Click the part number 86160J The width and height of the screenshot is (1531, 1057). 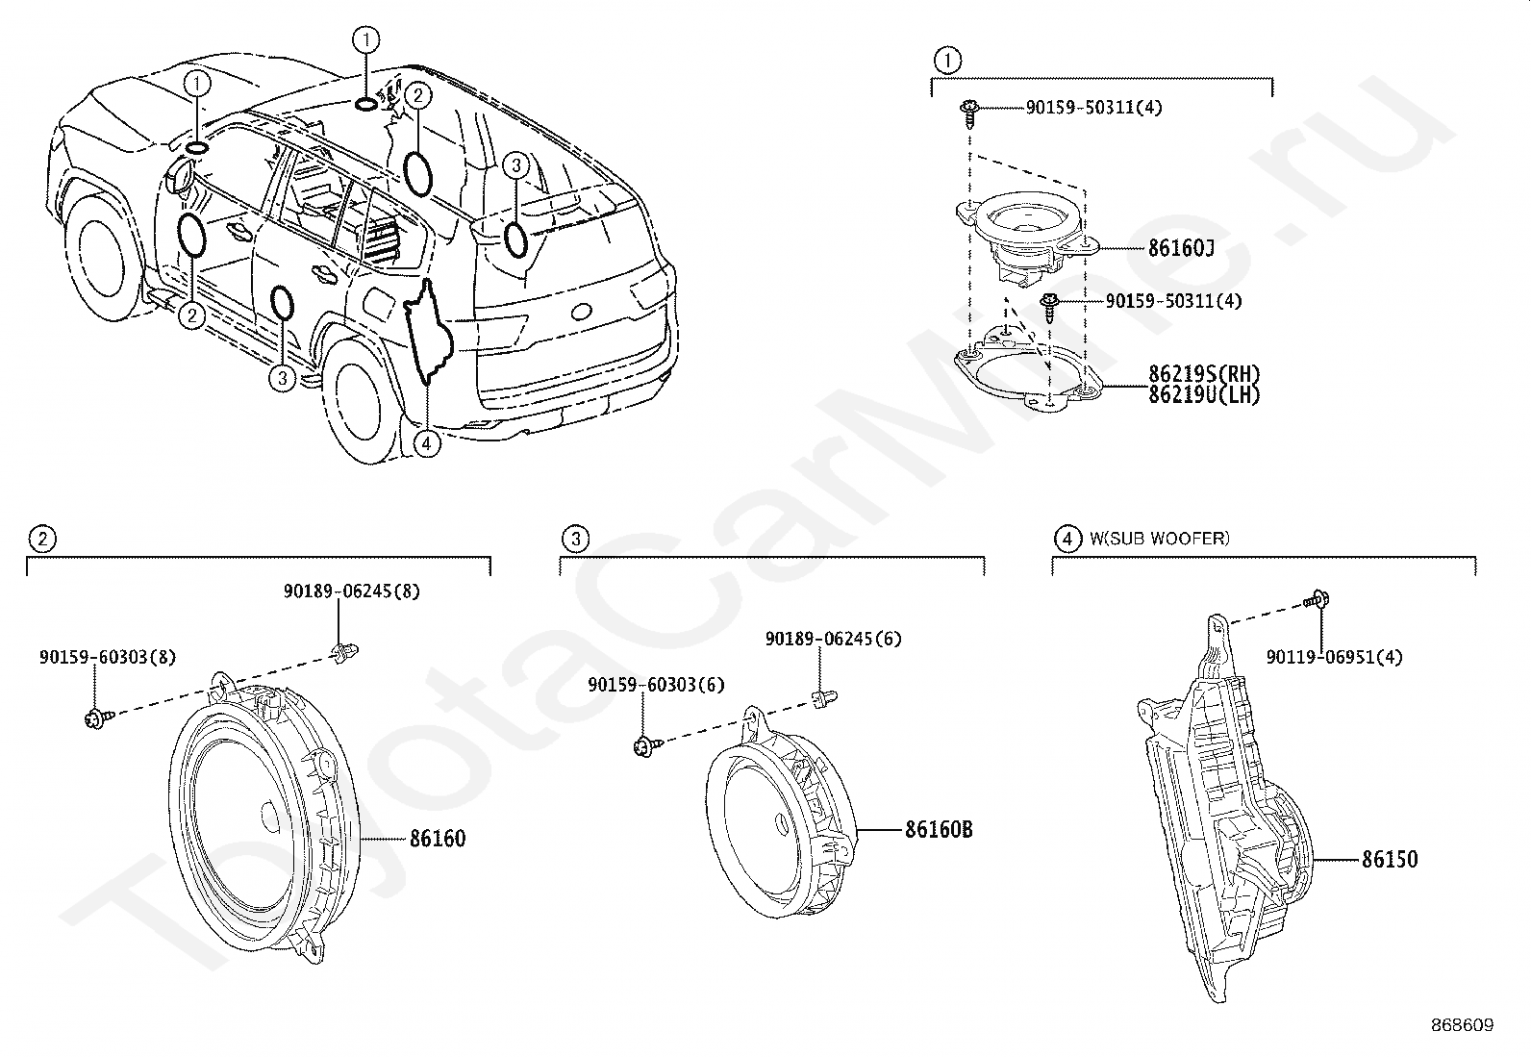tap(1180, 248)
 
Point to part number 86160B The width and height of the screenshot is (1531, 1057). tap(938, 829)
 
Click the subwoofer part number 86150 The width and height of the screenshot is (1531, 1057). tap(1389, 859)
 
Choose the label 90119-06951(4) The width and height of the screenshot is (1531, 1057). tap(1334, 657)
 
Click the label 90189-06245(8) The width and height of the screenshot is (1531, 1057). tap(351, 591)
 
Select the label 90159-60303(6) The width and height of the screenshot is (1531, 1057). tap(657, 685)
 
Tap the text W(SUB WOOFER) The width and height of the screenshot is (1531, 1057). tap(1159, 539)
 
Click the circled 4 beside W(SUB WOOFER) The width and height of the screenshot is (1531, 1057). tap(1067, 539)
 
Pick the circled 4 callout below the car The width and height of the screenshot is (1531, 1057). tap(426, 443)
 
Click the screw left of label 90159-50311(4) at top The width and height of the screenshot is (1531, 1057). tap(966, 112)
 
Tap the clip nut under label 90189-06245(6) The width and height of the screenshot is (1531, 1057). tap(823, 697)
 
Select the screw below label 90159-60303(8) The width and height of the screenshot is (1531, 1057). tap(96, 717)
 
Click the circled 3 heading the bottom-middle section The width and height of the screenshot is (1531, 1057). tap(575, 539)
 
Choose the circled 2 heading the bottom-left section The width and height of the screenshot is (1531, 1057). tap(41, 539)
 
